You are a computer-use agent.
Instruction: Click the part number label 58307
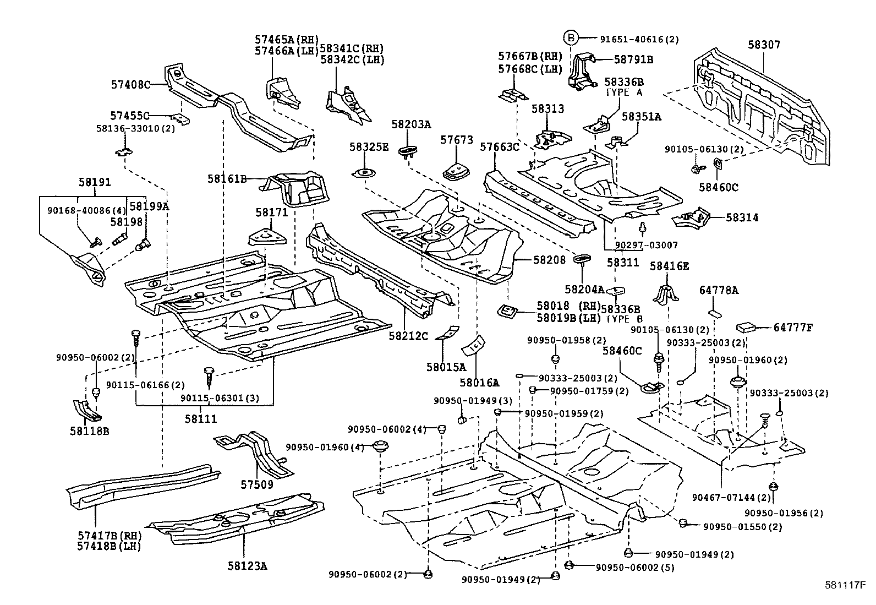point(764,45)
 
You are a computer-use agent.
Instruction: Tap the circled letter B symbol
point(571,38)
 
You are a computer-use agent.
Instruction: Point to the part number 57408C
point(130,85)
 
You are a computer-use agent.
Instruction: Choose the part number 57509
point(256,484)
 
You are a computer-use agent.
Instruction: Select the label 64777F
point(793,328)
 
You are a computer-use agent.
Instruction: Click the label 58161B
point(227,179)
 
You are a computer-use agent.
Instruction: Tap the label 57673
point(456,140)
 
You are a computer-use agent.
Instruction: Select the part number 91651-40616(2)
point(639,39)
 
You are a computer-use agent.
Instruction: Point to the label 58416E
point(669,266)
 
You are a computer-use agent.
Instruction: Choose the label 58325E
point(369,147)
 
